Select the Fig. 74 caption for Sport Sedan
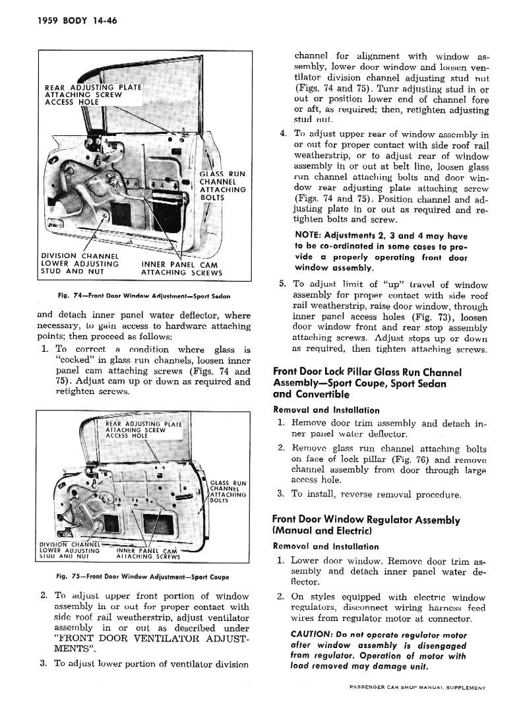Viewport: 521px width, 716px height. point(144,294)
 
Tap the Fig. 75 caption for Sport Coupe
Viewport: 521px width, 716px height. point(144,576)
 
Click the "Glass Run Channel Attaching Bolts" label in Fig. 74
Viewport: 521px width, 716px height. point(222,185)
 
